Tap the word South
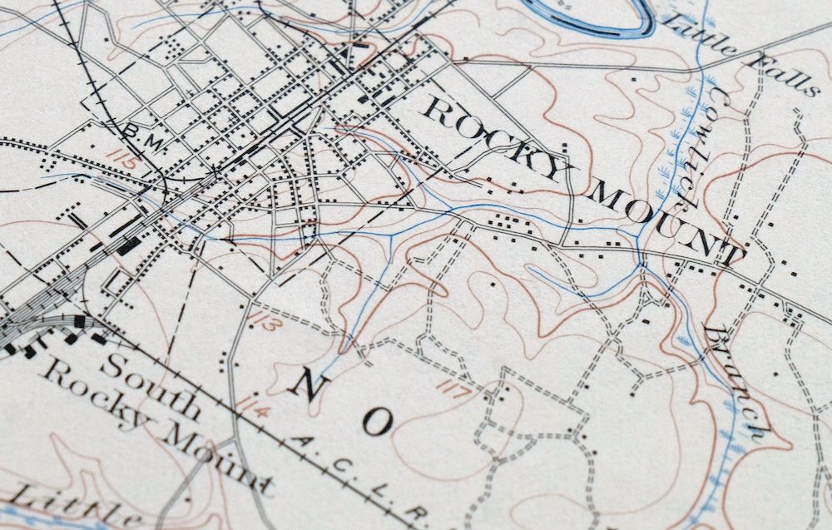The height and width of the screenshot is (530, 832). tap(155, 385)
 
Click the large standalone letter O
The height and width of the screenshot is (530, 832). tap(377, 423)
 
